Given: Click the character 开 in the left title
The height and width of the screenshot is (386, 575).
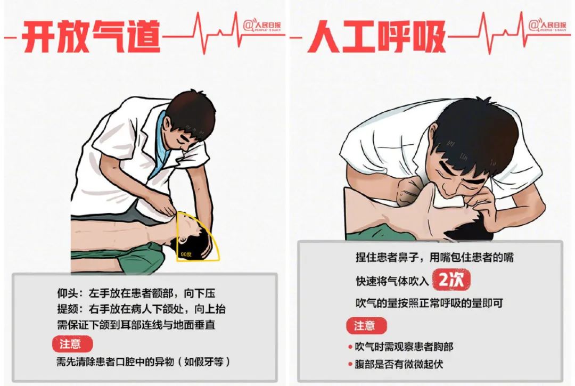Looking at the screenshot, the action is (x=39, y=37).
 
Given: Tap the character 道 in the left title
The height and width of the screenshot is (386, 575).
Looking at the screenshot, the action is (x=143, y=37).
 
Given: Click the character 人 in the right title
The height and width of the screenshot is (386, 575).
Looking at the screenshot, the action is (x=325, y=37).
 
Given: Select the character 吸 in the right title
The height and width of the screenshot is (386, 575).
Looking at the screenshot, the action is (x=428, y=37).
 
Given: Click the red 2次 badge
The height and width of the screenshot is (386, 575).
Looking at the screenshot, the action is (x=451, y=281).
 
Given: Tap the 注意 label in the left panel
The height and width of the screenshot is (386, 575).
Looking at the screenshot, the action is (x=72, y=344).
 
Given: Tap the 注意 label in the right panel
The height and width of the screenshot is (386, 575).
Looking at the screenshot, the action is (x=366, y=325).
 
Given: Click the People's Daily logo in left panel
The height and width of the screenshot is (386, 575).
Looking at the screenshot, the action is (x=262, y=26).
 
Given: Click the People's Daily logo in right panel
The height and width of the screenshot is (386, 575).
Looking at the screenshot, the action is (x=547, y=25).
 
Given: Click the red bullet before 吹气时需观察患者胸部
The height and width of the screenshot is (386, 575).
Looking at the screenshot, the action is (x=350, y=347).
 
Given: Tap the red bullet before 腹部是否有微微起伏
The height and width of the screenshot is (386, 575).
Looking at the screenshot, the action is (x=350, y=364).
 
